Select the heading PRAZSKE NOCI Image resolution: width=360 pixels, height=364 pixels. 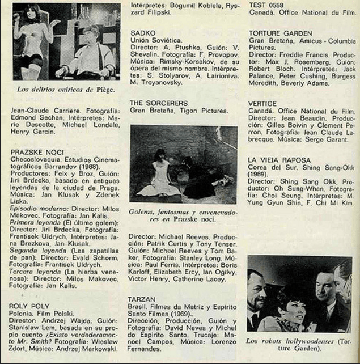[36, 152]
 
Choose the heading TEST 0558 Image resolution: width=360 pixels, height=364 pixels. [266, 3]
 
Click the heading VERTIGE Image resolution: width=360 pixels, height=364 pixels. [262, 104]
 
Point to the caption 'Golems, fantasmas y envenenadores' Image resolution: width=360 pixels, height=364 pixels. [183, 214]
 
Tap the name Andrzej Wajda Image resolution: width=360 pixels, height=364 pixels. [71, 334]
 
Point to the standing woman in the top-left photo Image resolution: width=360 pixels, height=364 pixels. [30, 43]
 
